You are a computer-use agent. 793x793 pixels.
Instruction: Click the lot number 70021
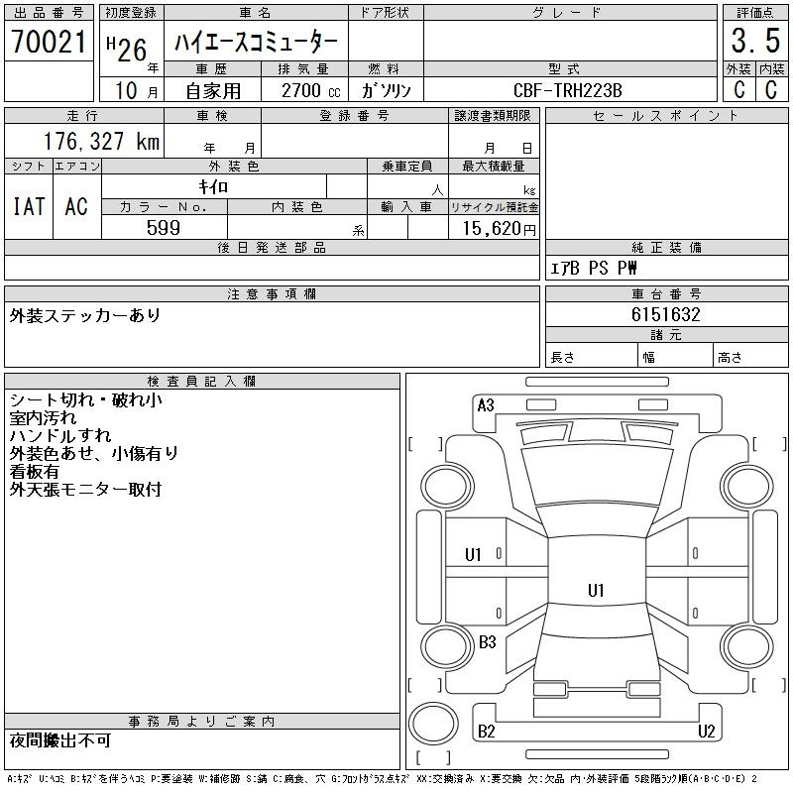click(49, 42)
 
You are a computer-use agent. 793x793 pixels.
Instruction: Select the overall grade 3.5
click(753, 42)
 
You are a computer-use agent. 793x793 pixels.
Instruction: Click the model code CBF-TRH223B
click(568, 90)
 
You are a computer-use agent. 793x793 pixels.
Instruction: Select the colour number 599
click(164, 227)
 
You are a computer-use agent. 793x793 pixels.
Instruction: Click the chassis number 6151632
click(666, 314)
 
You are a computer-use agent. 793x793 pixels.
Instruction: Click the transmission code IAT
click(28, 206)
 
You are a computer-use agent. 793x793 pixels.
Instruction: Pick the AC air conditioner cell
click(76, 206)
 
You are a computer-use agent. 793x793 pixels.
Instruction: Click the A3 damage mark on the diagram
click(486, 404)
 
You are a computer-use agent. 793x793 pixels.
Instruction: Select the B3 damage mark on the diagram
click(487, 642)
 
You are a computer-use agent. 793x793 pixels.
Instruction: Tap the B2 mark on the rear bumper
click(487, 732)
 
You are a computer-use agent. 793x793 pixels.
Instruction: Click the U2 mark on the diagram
click(706, 732)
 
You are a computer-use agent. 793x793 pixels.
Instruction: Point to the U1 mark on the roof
click(596, 591)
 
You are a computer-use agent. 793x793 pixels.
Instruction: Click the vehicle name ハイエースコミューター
click(256, 43)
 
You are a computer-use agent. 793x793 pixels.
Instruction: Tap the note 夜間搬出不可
click(59, 740)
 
